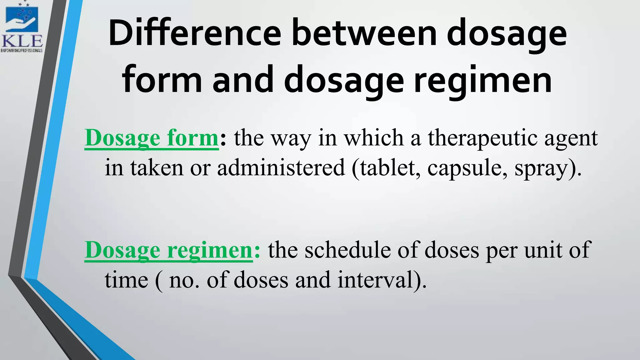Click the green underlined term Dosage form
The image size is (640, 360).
(x=152, y=138)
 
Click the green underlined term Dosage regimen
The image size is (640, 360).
(x=168, y=250)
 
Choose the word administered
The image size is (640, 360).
(x=281, y=168)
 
